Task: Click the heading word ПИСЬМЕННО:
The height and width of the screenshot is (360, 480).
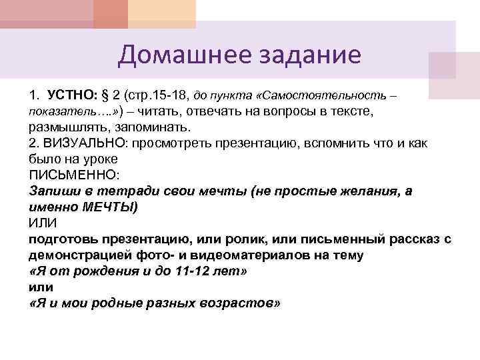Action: (x=74, y=176)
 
